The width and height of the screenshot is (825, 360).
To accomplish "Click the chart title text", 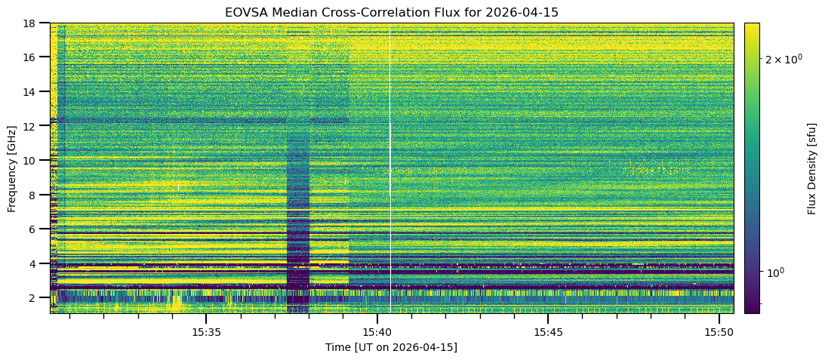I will click(x=391, y=12).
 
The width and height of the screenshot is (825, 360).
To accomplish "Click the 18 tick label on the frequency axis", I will click(x=33, y=23).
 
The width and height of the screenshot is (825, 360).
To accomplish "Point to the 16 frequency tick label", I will click(x=33, y=57).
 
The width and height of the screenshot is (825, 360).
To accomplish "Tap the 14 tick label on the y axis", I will click(x=33, y=91).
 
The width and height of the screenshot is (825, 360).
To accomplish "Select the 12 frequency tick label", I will click(x=33, y=126).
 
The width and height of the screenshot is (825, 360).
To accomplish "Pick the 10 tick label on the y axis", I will click(x=33, y=160).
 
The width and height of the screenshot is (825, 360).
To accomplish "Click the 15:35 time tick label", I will click(x=206, y=332).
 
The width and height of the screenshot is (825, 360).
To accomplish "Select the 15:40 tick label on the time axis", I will click(x=377, y=332).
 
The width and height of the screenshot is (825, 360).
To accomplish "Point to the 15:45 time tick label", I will click(x=548, y=332).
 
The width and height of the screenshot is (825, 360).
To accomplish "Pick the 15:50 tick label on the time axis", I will click(x=719, y=332).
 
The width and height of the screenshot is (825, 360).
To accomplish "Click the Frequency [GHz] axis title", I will click(x=12, y=168).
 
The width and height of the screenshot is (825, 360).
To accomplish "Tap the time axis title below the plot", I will click(x=391, y=347).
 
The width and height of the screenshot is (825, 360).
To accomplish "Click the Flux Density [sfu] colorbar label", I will click(x=812, y=168).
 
